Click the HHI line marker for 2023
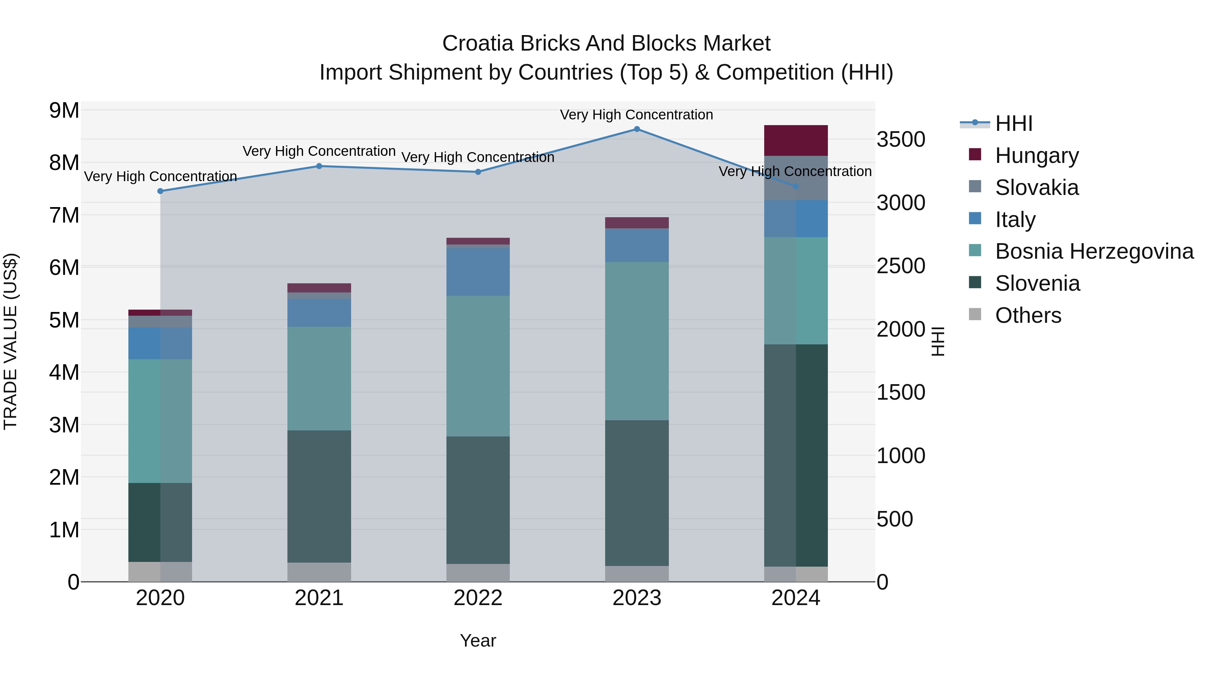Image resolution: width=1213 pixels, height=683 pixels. pyautogui.click(x=636, y=129)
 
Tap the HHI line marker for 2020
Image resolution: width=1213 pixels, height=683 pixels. pyautogui.click(x=160, y=191)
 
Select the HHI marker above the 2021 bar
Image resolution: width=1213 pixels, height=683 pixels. pyautogui.click(x=319, y=166)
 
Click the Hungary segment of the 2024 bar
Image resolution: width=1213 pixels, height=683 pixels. pyautogui.click(x=796, y=140)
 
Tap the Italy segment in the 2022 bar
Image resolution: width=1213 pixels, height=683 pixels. pyautogui.click(x=478, y=272)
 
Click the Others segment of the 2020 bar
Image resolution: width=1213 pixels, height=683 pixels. pyautogui.click(x=160, y=571)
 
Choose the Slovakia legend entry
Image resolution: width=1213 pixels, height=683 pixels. pyautogui.click(x=1036, y=188)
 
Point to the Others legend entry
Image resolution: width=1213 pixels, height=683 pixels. pyautogui.click(x=1028, y=315)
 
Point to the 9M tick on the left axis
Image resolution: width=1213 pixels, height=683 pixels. pyautogui.click(x=64, y=110)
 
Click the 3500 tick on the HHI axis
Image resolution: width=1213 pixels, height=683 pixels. pyautogui.click(x=901, y=140)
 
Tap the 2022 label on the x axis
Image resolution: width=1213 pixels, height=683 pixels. pyautogui.click(x=478, y=598)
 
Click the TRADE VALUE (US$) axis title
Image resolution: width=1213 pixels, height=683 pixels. pyautogui.click(x=10, y=341)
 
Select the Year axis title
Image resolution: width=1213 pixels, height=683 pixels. pyautogui.click(x=478, y=641)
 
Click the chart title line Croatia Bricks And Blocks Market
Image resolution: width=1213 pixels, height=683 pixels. pyautogui.click(x=606, y=44)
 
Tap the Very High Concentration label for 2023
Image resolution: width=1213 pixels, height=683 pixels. pyautogui.click(x=636, y=115)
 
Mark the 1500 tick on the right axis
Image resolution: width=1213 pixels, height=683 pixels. pyautogui.click(x=901, y=392)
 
